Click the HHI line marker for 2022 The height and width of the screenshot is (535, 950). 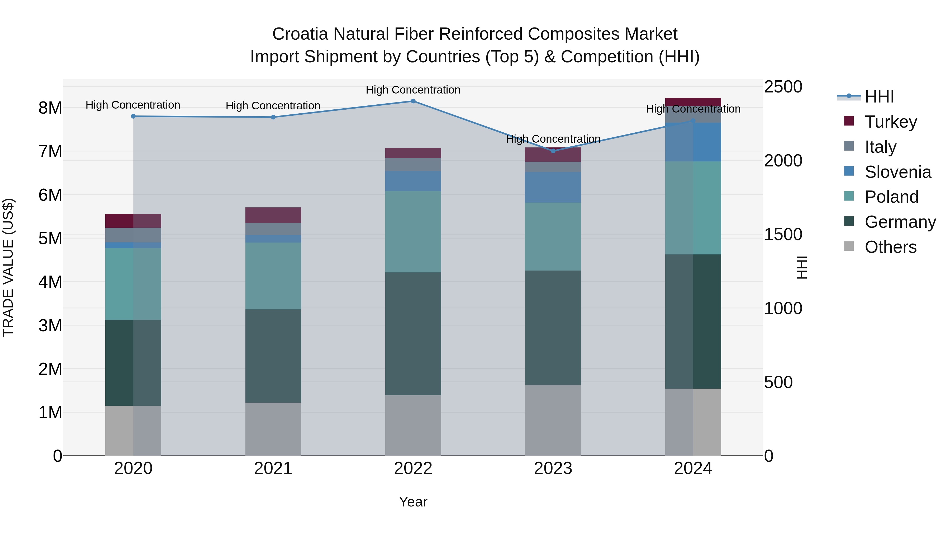point(413,101)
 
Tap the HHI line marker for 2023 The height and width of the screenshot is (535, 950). point(553,151)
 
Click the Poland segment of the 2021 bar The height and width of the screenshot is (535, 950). point(273,276)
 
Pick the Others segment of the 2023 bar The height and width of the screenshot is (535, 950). point(553,420)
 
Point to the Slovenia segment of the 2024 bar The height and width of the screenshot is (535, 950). point(693,142)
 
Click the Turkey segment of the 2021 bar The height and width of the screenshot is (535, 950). point(273,215)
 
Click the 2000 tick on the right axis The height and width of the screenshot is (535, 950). point(783,161)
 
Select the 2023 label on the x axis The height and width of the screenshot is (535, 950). point(553,468)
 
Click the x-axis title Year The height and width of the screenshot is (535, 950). point(413,502)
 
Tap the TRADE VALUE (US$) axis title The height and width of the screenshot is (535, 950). point(8,267)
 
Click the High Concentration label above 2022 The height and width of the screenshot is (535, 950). point(413,90)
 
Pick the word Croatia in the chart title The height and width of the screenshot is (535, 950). point(300,34)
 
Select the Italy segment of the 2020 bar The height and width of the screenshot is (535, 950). point(133,235)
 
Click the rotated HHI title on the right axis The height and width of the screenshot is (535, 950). point(802,267)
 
